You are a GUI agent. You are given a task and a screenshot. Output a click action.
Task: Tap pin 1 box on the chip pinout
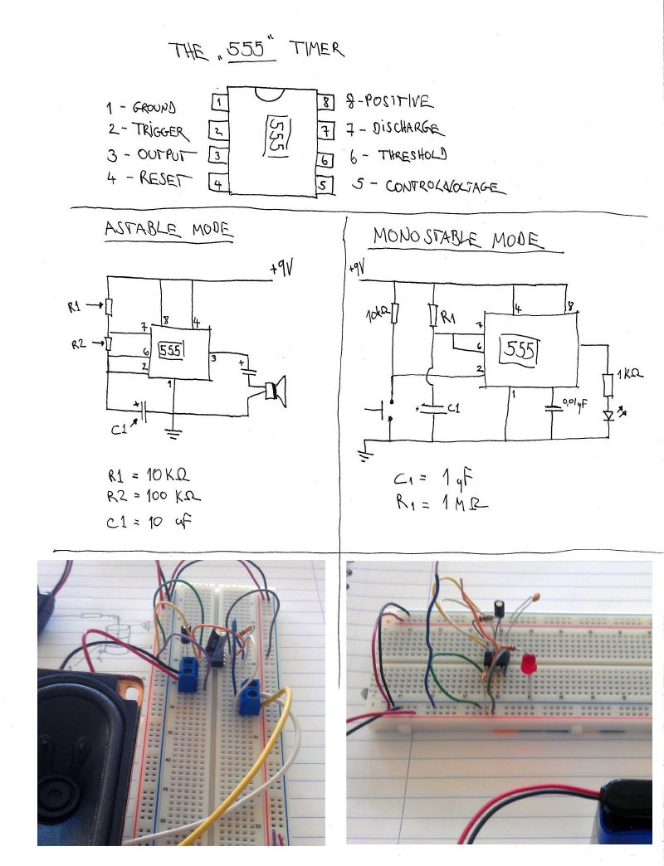tap(219, 102)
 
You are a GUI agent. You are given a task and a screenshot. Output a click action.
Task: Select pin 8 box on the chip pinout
tap(326, 103)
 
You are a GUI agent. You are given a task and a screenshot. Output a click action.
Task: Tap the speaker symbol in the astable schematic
tap(275, 391)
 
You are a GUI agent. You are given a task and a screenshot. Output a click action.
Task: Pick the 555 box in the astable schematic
tap(172, 349)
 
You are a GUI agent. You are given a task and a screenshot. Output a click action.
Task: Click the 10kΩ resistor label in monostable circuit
tap(378, 316)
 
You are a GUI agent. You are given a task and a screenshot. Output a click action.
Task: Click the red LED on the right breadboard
tap(527, 664)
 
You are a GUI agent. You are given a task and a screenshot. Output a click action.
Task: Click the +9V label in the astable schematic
tap(283, 270)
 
